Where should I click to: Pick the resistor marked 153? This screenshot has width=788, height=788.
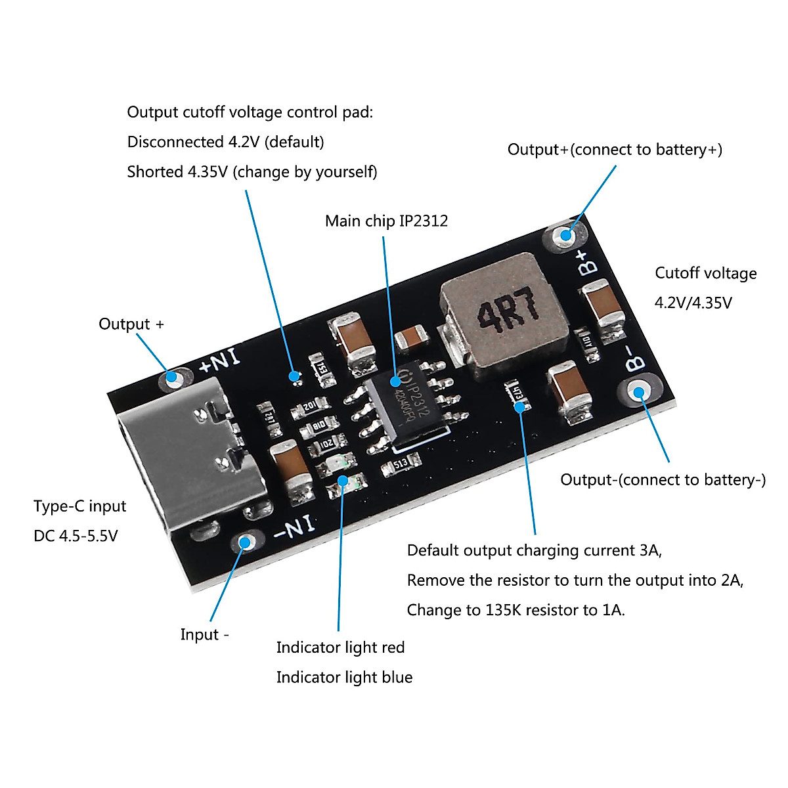click(x=321, y=368)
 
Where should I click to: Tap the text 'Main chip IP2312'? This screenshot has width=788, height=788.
click(x=386, y=221)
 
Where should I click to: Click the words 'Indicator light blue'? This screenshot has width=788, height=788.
click(x=344, y=677)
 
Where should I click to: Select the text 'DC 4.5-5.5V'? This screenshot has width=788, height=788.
click(x=76, y=536)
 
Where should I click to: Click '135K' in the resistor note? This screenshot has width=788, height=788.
click(x=504, y=610)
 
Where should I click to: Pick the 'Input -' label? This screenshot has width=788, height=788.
click(x=204, y=634)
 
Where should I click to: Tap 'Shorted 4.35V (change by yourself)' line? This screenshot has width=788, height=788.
click(x=252, y=172)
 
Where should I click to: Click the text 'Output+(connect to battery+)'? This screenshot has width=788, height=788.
click(x=615, y=150)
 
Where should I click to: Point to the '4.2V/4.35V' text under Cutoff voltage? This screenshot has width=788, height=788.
click(x=693, y=303)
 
